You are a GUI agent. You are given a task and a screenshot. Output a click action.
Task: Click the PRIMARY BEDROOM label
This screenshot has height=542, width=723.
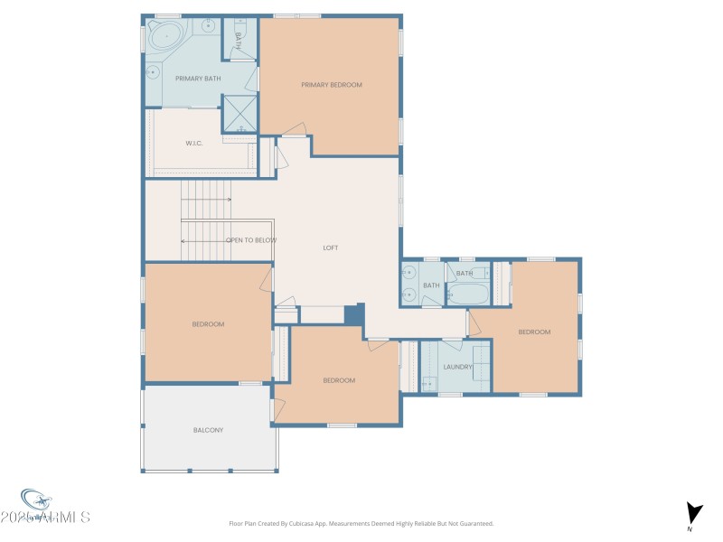pyautogui.click(x=331, y=85)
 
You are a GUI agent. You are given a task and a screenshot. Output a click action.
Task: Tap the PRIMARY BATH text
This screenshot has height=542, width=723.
pyautogui.click(x=198, y=79)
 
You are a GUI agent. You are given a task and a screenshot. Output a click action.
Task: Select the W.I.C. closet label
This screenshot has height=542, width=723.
pyautogui.click(x=193, y=143)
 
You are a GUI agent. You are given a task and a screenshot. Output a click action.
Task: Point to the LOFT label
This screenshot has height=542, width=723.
pyautogui.click(x=331, y=248)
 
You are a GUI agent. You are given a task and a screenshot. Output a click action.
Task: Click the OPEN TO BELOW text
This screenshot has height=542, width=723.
pyautogui.click(x=250, y=240)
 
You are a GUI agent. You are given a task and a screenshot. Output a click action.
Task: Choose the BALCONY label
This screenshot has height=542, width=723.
pyautogui.click(x=208, y=430)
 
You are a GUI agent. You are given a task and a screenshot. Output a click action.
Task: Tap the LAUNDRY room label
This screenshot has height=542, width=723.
pyautogui.click(x=458, y=367)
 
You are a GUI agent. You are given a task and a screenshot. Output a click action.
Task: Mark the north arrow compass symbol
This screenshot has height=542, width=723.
pyautogui.click(x=692, y=513)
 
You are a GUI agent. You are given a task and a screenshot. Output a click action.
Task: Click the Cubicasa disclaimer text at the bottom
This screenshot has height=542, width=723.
pyautogui.click(x=361, y=523)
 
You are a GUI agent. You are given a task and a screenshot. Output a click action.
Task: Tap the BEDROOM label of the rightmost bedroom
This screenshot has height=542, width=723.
pyautogui.click(x=533, y=332)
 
